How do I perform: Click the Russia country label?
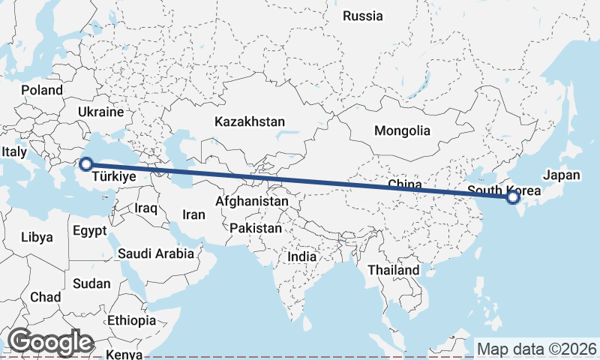click(x=362, y=16)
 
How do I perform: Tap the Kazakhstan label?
click(x=250, y=121)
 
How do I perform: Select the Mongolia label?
click(x=403, y=130)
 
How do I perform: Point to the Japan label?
click(x=562, y=175)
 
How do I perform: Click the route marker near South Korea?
click(x=512, y=197)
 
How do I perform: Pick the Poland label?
click(x=42, y=90)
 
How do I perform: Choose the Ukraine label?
click(x=100, y=112)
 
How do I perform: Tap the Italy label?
click(x=14, y=152)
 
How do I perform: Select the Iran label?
click(x=193, y=214)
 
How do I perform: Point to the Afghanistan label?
click(x=251, y=202)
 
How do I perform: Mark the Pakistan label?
click(x=256, y=228)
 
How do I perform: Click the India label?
click(x=302, y=256)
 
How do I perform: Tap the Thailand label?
click(x=394, y=270)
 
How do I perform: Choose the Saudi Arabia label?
click(x=156, y=253)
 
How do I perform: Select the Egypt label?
click(x=90, y=231)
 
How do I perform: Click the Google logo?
click(x=50, y=342)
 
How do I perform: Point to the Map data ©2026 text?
click(x=537, y=349)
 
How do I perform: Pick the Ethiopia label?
click(x=131, y=320)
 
